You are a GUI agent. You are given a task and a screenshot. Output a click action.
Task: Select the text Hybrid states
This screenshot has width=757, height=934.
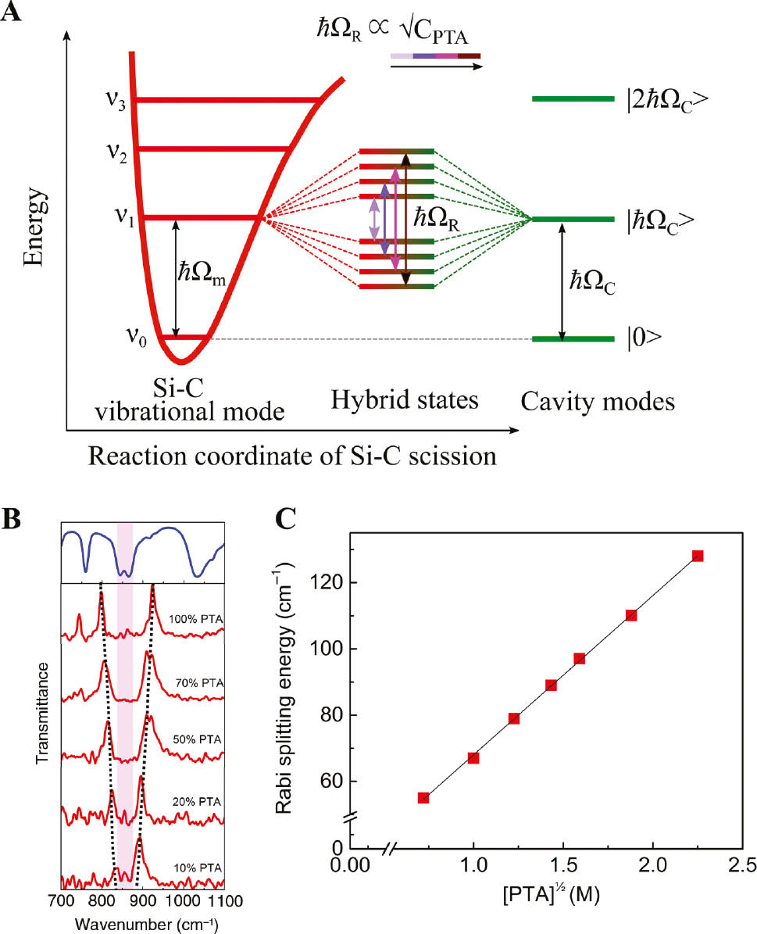point(404,401)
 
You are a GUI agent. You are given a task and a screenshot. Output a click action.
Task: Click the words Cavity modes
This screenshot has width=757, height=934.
point(598,402)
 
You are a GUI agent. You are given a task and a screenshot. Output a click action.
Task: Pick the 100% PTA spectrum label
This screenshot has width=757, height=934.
point(195,619)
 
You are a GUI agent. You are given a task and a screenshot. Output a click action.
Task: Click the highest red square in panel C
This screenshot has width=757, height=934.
point(698,556)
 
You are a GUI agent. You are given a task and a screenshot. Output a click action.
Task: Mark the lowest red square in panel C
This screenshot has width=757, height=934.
point(423,797)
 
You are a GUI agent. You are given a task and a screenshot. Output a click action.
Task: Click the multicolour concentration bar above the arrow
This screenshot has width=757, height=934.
point(435,56)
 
